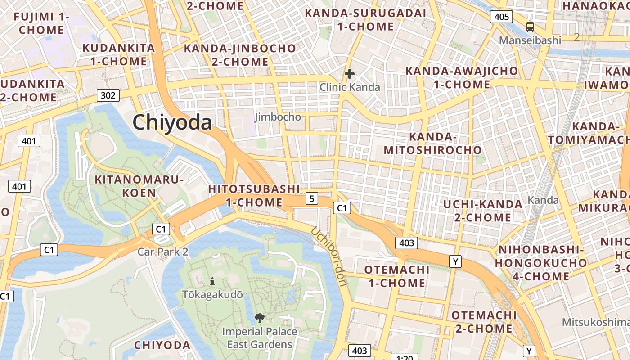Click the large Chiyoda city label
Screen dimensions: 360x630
click(x=172, y=122)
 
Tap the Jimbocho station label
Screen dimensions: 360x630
click(x=278, y=117)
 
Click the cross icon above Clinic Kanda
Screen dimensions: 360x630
click(x=350, y=74)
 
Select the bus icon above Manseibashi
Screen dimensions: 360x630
click(x=530, y=27)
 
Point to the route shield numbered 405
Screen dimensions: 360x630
click(x=501, y=17)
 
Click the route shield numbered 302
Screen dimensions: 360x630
click(x=108, y=95)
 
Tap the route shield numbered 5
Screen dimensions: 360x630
click(x=311, y=198)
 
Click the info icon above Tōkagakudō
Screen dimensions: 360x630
click(x=212, y=282)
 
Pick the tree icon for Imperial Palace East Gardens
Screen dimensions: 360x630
click(x=259, y=318)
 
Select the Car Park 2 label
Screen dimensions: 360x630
click(x=163, y=252)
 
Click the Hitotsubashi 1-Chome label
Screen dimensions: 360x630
click(x=254, y=196)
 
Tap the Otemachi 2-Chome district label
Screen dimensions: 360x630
click(x=484, y=322)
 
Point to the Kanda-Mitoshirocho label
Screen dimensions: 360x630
click(x=433, y=143)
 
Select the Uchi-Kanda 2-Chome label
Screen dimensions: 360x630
click(x=483, y=211)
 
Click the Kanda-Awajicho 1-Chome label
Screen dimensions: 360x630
click(x=462, y=77)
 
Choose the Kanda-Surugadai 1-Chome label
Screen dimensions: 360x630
click(x=365, y=19)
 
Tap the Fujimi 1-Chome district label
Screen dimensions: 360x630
click(x=41, y=23)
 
